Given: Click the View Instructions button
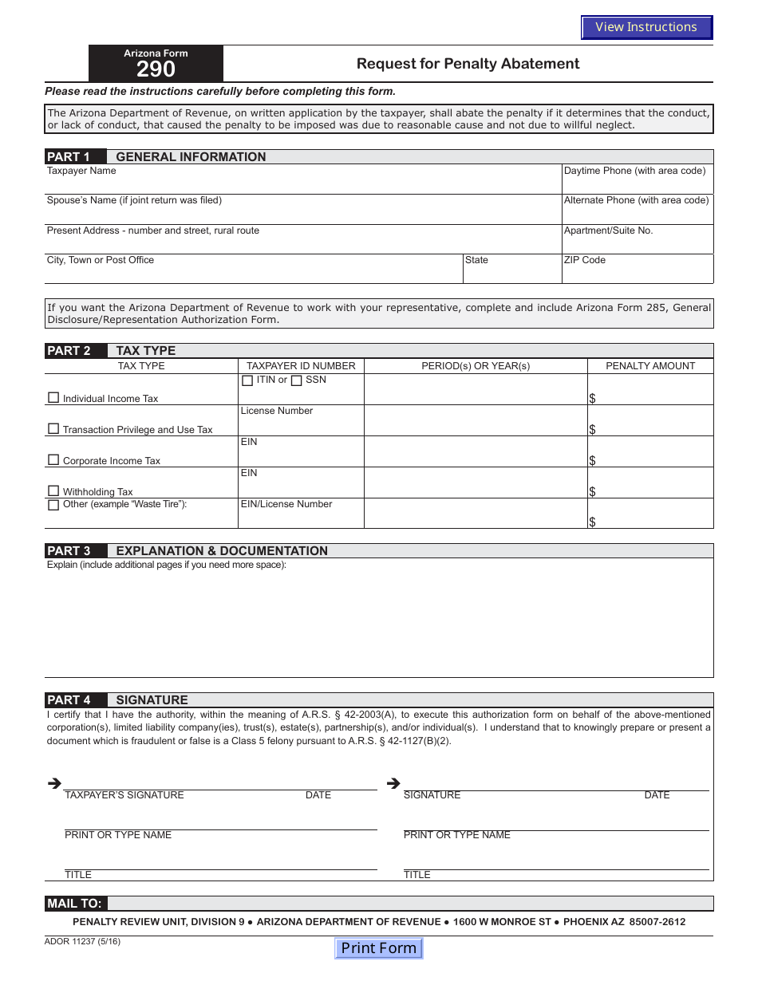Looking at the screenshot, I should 646,27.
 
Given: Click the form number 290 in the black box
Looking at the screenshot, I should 156,70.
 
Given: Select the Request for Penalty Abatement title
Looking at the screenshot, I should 468,64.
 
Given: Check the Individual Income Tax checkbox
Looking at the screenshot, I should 53,397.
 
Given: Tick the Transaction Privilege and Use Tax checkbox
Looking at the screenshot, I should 53,428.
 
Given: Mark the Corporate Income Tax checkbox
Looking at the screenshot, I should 53,459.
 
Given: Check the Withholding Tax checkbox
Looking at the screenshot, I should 53,490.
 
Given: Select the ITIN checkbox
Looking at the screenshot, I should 247,380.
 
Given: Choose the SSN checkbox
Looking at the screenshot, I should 296,380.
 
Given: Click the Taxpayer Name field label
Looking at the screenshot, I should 81,171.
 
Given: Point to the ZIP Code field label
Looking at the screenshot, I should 585,260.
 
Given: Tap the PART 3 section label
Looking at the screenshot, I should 69,551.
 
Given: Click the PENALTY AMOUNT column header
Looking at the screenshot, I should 650,366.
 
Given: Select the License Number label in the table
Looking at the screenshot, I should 277,411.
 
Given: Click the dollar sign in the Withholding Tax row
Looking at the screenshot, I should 592,492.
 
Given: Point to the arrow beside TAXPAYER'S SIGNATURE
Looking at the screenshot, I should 54,784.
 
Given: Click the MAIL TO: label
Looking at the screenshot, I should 74,904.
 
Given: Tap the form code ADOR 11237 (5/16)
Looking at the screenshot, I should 83,941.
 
